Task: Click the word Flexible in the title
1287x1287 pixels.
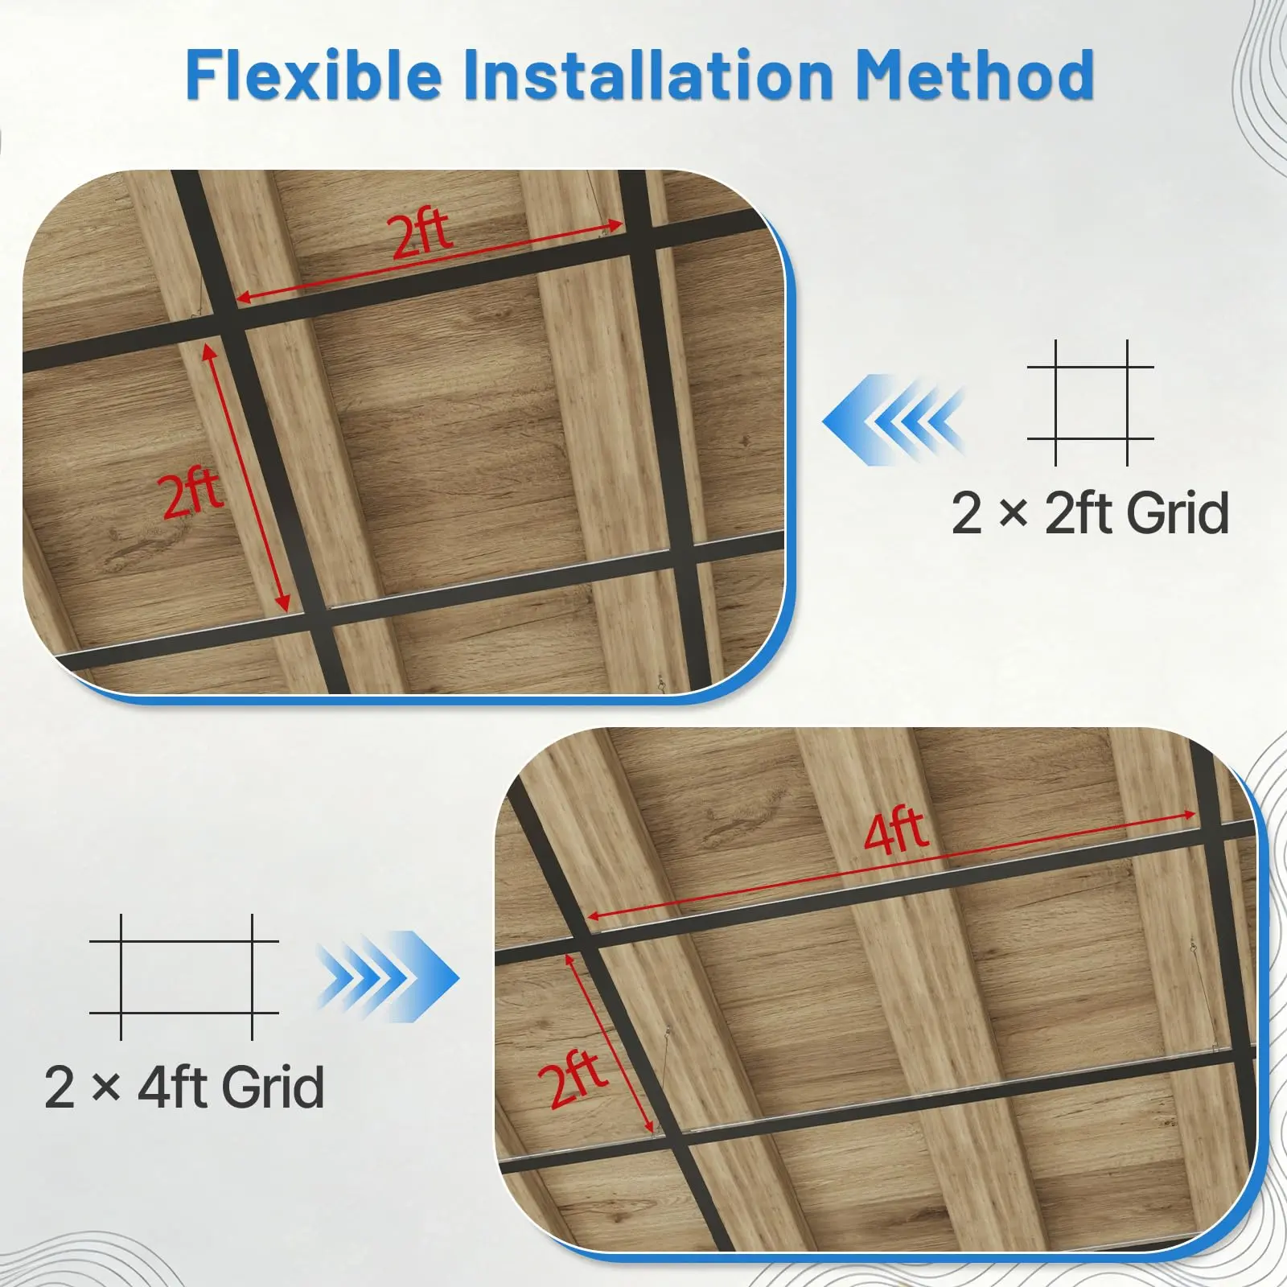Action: pos(315,74)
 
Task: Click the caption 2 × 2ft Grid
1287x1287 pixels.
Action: pos(1090,513)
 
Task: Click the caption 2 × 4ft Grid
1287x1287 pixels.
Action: pos(184,1087)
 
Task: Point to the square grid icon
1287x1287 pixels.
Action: pos(1091,402)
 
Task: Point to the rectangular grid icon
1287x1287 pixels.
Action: pos(184,977)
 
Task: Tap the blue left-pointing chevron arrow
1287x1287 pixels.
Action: pos(893,420)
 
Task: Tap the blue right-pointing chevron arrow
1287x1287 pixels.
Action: pos(388,977)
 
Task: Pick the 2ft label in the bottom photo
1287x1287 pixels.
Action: pos(576,1080)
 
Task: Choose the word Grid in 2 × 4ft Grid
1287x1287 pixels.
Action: pos(273,1087)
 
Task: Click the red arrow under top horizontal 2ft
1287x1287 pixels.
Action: pos(430,262)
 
